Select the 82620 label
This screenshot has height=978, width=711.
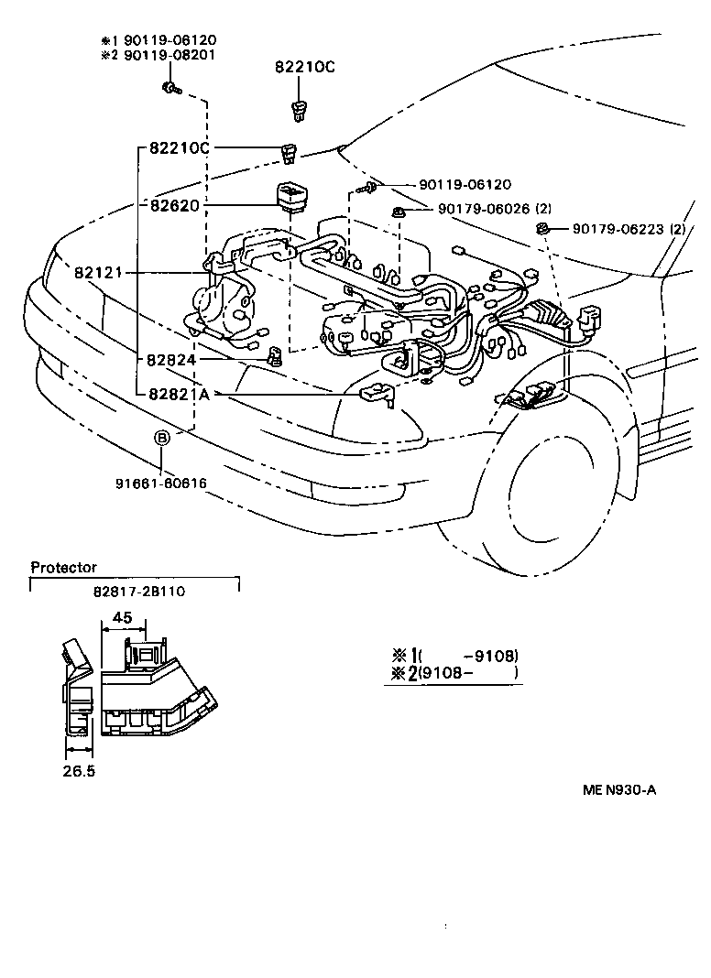175,206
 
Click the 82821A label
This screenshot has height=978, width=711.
180,394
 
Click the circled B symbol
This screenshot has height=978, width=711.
161,439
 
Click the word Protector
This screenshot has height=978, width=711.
63,568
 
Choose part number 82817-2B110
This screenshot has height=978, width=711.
138,592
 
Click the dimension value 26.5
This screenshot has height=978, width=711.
79,771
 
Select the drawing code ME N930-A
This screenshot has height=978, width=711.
618,790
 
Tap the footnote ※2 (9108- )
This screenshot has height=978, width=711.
454,673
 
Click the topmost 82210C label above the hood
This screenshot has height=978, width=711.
306,68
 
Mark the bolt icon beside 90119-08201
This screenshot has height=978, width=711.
171,87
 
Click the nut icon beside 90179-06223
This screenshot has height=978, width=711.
542,227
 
